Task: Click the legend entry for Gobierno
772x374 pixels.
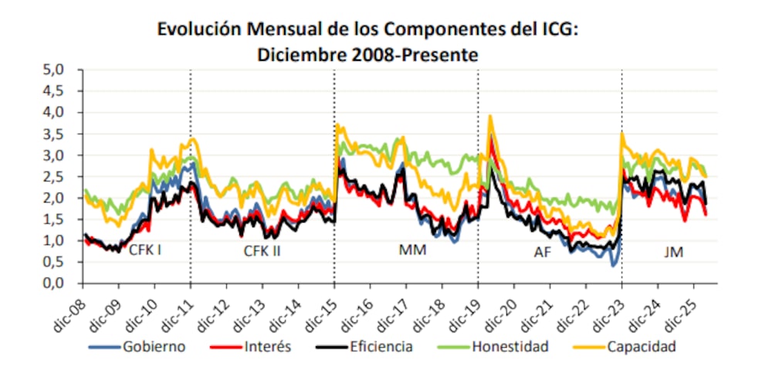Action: (x=153, y=346)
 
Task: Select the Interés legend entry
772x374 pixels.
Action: (x=266, y=346)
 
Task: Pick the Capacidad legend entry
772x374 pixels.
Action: (x=640, y=346)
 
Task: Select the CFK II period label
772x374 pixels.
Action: (x=262, y=251)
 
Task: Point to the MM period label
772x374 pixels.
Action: (x=408, y=250)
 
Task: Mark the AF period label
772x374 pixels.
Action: (x=542, y=251)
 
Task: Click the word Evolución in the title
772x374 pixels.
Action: (x=193, y=31)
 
